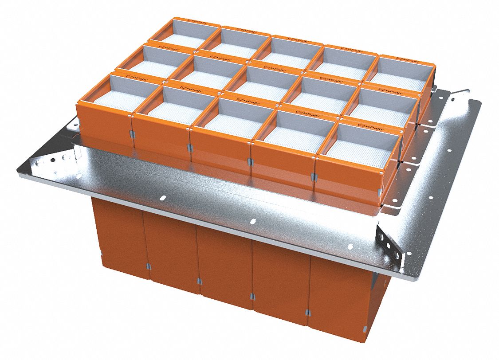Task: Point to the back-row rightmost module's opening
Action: click(x=402, y=71)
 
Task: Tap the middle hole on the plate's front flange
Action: click(x=253, y=220)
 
